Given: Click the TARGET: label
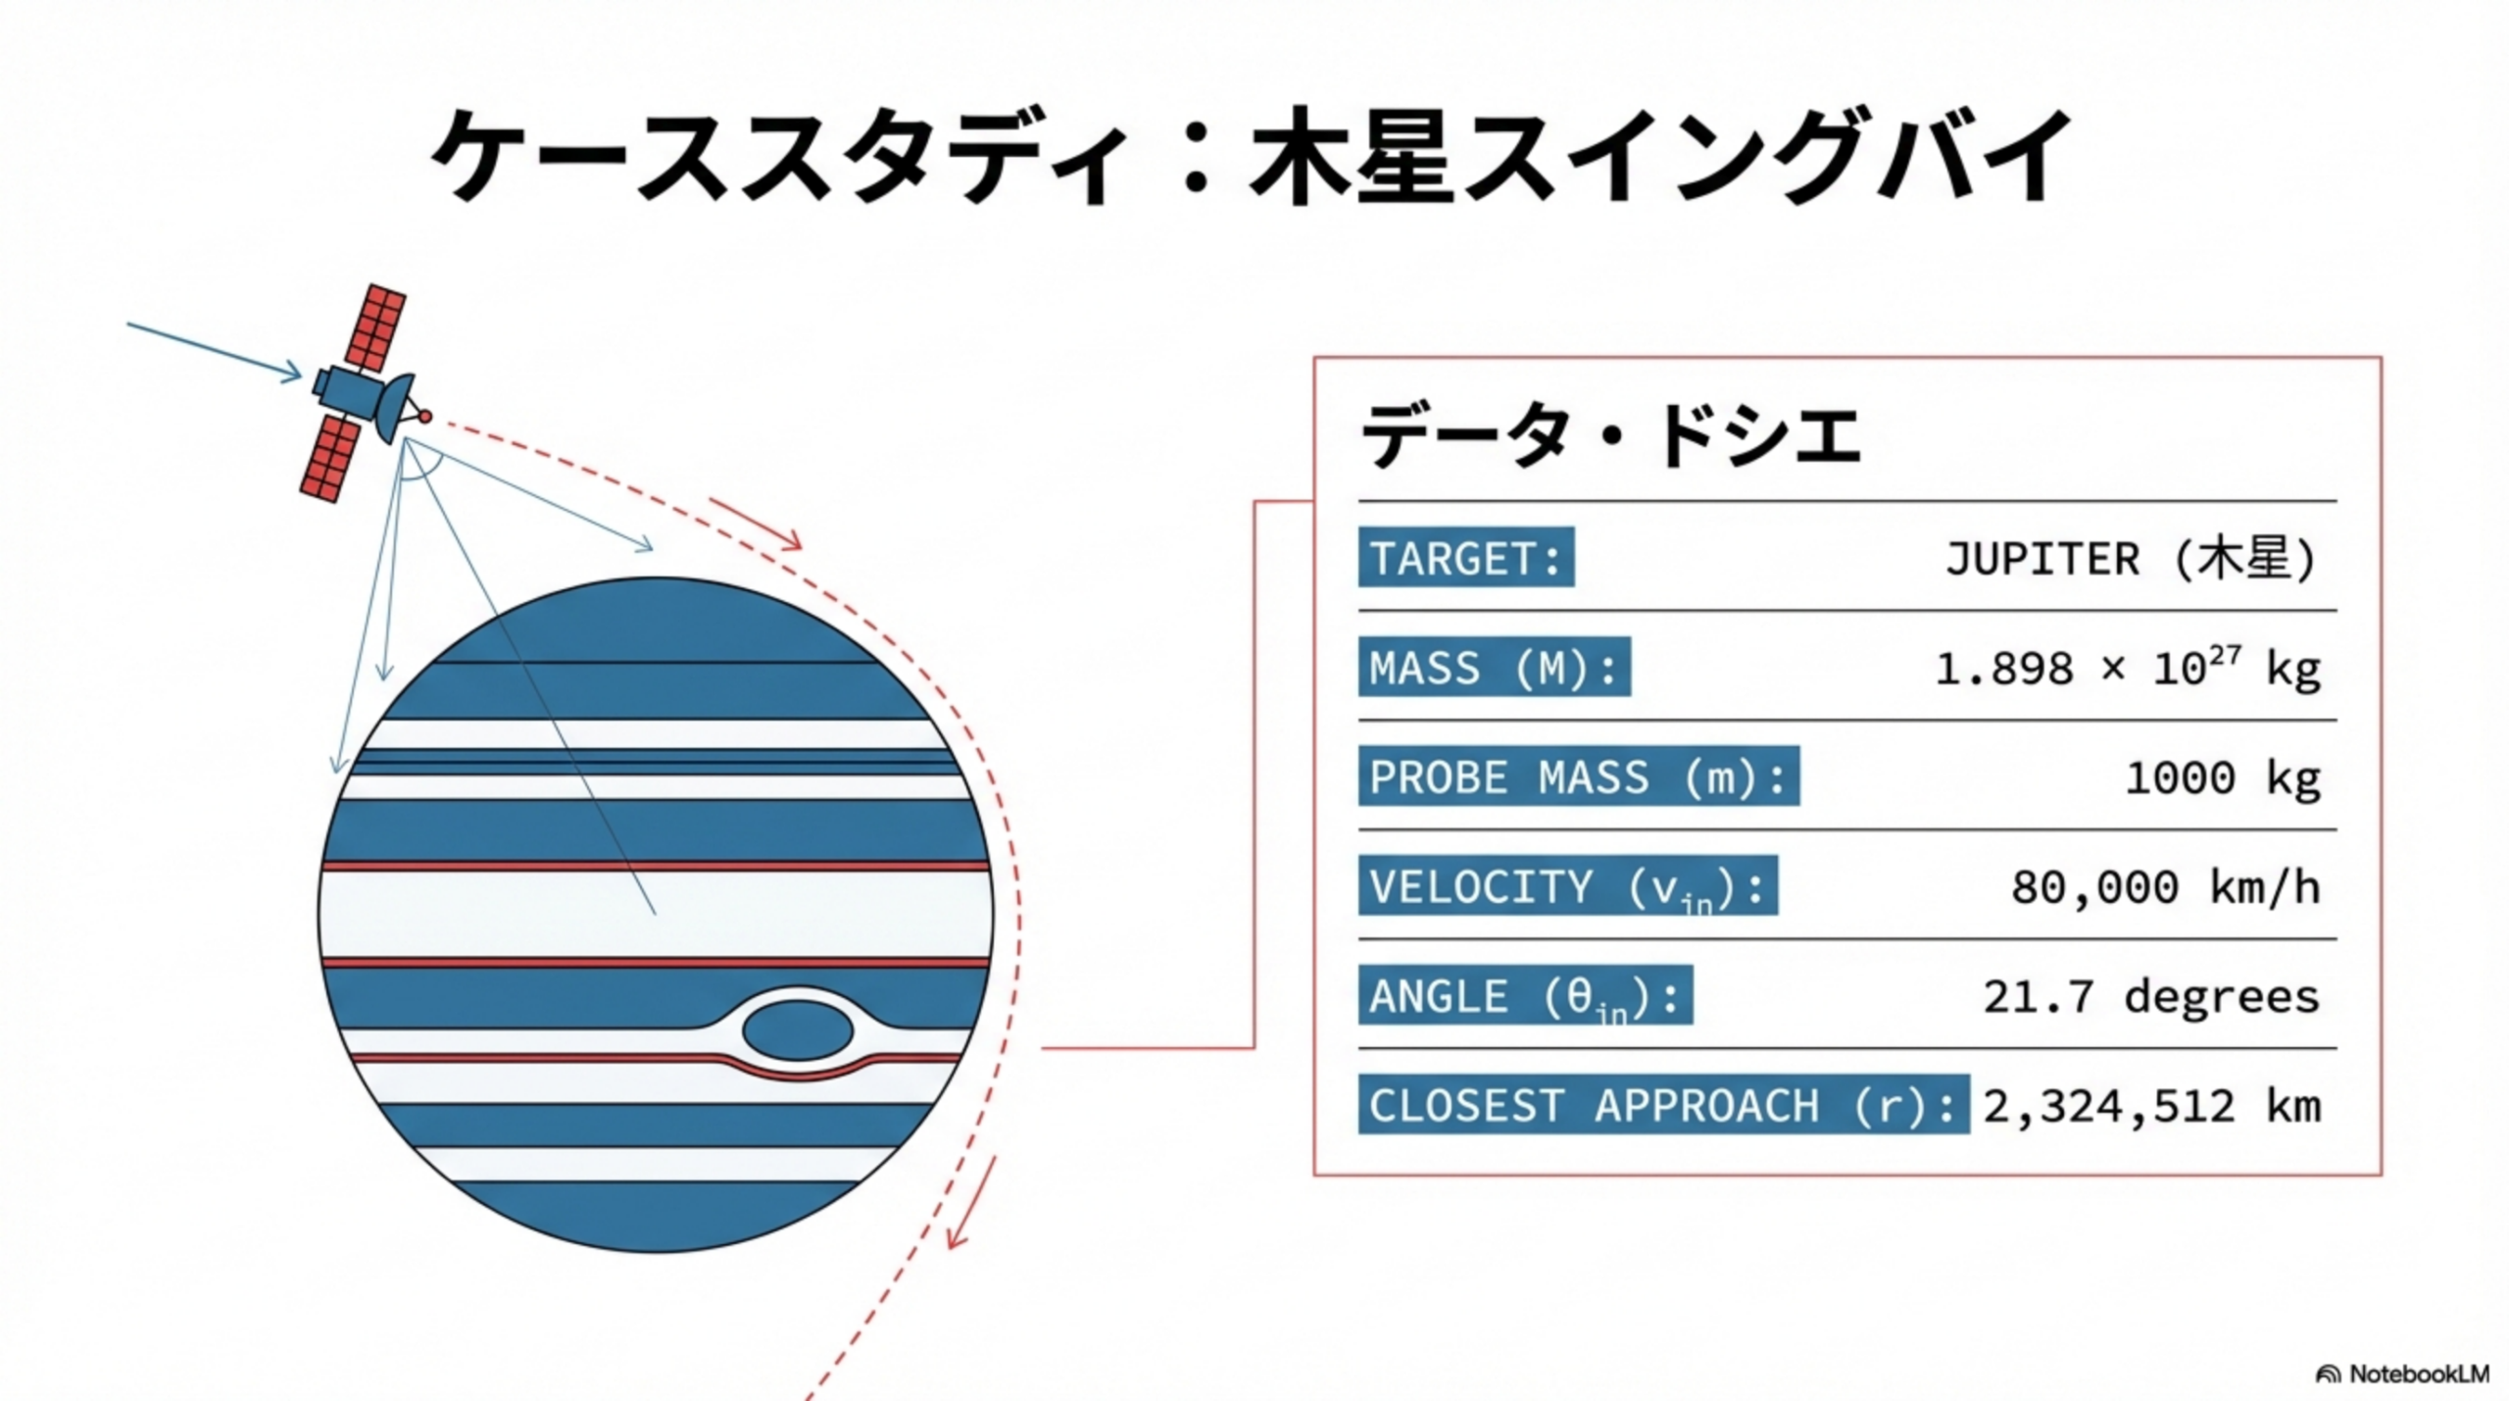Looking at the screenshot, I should point(1465,558).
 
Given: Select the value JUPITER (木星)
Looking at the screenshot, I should point(2131,559).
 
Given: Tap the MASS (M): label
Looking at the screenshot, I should point(1494,668).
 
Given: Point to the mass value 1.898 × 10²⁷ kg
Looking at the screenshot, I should point(2127,669).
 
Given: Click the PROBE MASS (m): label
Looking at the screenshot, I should point(1578,776).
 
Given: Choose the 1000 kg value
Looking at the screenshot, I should point(2222,777).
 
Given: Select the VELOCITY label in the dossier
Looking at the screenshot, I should point(1567,886).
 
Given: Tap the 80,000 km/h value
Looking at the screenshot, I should point(2165,887).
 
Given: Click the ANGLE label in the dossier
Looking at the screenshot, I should point(1525,996).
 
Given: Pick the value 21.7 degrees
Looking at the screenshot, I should point(2151,996).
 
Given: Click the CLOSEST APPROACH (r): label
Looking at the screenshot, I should point(1662,1105).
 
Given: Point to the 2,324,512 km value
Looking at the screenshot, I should point(2152,1106).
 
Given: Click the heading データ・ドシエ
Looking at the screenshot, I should point(1610,434).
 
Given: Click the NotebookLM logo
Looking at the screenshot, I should point(2401,1374).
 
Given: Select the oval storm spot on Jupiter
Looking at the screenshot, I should point(797,1030).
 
